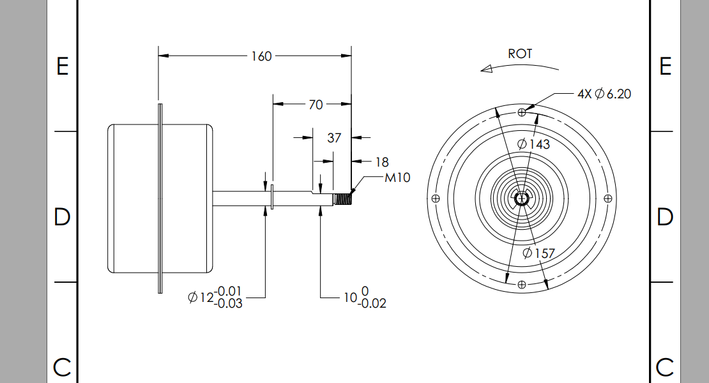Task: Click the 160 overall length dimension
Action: (x=261, y=56)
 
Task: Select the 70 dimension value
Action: (x=316, y=105)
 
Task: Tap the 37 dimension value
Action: (x=334, y=137)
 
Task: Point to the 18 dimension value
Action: (x=381, y=162)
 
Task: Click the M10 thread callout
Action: (x=397, y=177)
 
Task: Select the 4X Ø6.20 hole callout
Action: (x=604, y=94)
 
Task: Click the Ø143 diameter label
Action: (x=536, y=144)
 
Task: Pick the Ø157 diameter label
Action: (x=538, y=253)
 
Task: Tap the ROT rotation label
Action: (x=519, y=54)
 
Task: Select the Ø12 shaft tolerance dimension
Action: (x=216, y=297)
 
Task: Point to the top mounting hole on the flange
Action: (x=522, y=112)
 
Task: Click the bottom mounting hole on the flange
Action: (x=522, y=283)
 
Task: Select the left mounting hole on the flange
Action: (x=436, y=198)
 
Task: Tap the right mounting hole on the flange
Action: (x=607, y=198)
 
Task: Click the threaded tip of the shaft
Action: (x=343, y=199)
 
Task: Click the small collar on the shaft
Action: (x=273, y=198)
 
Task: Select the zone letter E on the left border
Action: (x=62, y=66)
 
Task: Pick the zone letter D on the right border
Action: (x=665, y=217)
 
